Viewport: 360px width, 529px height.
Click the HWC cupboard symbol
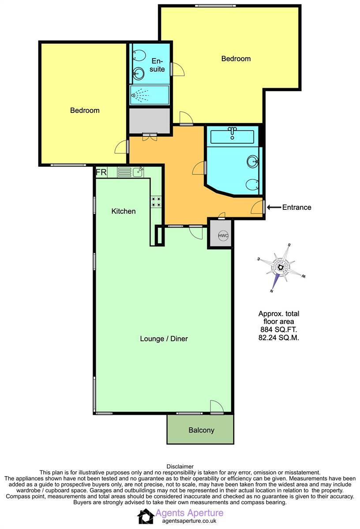[x=223, y=235]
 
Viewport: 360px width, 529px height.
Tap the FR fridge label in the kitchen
[x=101, y=172]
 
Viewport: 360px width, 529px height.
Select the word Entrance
[x=296, y=207]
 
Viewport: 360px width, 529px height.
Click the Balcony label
[x=201, y=430]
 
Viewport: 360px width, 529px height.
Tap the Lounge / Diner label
[x=164, y=339]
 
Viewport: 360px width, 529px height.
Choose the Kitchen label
[x=123, y=211]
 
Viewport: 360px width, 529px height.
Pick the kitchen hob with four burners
[x=156, y=201]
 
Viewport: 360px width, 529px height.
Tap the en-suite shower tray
[x=150, y=95]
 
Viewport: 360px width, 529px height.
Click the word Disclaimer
[x=180, y=466]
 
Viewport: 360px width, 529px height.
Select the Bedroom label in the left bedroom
[x=85, y=110]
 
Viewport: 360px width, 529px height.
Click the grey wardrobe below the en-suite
[x=150, y=119]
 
